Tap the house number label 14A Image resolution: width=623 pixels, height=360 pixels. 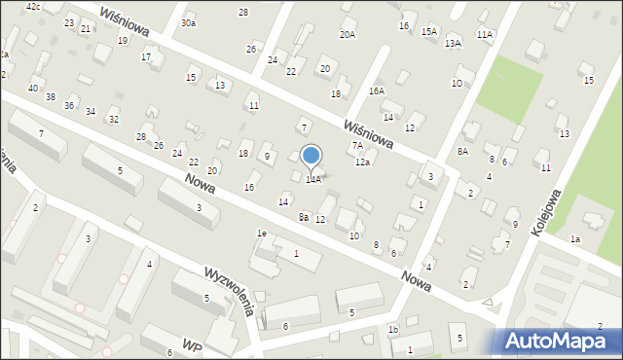click(312, 179)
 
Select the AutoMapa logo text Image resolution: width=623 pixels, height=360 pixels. click(561, 341)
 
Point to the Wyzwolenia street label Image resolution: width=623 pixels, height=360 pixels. click(230, 289)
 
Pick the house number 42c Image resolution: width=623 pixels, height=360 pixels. click(34, 7)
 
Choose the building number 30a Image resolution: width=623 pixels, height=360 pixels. click(188, 22)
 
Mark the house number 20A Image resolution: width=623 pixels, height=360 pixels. click(348, 34)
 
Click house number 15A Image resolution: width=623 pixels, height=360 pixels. click(429, 31)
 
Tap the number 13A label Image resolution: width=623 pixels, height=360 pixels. click(453, 43)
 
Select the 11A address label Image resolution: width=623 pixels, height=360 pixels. click(485, 34)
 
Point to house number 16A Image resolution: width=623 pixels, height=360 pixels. click(376, 90)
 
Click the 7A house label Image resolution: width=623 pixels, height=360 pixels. click(357, 146)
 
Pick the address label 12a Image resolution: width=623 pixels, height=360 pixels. click(362, 162)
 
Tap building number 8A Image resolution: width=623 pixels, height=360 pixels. click(462, 151)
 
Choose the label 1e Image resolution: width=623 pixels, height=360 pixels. click(261, 234)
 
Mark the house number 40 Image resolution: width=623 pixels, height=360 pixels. click(33, 88)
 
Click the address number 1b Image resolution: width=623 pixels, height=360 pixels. click(393, 330)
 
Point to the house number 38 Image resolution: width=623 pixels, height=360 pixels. click(51, 96)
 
